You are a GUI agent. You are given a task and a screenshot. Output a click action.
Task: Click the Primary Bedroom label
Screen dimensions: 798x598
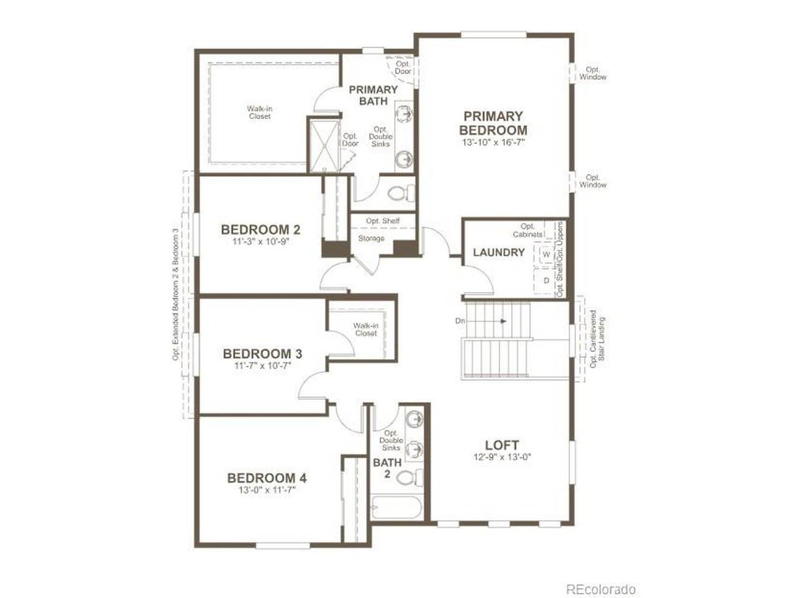coord(493,123)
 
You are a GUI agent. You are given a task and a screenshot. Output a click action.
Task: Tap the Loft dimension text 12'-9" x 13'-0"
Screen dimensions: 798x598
coord(502,457)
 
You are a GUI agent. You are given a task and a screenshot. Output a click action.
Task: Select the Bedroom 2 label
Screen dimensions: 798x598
coord(261,229)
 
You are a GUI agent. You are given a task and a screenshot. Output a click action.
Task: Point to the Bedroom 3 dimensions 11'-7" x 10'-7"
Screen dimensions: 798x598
coord(262,365)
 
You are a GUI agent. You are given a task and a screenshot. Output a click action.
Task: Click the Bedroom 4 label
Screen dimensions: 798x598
coord(267,478)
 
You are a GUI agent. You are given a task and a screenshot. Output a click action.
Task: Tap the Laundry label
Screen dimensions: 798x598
coord(499,252)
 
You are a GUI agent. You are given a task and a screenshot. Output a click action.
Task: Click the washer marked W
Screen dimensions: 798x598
coord(546,255)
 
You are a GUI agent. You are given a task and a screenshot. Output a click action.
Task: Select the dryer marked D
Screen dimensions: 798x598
coord(546,280)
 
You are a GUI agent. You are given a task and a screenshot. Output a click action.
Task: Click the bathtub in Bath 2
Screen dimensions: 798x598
coord(397,507)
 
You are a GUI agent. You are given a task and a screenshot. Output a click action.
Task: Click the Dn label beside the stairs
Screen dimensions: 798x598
coord(460,321)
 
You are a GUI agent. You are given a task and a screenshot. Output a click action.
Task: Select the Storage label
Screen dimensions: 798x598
coord(371,238)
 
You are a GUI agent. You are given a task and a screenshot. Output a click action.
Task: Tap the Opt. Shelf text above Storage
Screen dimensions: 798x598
coord(383,221)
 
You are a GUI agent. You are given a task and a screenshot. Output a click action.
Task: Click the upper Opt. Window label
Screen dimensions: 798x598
coord(593,73)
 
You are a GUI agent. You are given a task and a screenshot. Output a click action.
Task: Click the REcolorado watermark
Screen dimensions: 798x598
coord(600,579)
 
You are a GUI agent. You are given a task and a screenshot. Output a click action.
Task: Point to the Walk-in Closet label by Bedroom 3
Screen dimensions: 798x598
coord(366,330)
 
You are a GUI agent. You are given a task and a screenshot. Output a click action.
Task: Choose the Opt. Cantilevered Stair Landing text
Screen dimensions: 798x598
coord(597,338)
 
